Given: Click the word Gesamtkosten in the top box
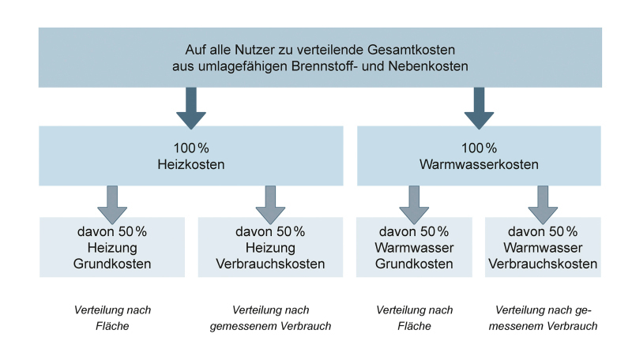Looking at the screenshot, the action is point(411,50).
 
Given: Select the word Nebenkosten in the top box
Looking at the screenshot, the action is point(428,66).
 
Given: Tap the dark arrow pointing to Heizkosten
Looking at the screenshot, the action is point(191,108).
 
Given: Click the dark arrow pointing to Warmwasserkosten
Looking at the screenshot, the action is point(479,108).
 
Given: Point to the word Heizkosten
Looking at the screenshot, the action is point(191,164).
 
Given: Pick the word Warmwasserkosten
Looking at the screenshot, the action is point(479,164).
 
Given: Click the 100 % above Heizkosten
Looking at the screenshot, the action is point(191,148).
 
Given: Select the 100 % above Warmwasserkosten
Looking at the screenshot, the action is point(479,148).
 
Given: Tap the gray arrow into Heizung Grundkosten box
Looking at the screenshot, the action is point(112,205).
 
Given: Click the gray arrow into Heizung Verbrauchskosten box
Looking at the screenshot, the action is point(270,205).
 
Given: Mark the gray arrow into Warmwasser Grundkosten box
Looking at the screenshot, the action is point(414,205).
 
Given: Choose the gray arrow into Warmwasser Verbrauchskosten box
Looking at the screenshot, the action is point(543,205).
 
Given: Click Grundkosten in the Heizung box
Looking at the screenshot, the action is point(112,264).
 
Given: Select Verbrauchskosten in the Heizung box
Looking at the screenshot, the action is point(270,264).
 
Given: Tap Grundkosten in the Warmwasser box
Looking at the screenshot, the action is point(414,264).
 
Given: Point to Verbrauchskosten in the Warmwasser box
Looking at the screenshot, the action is point(543,264).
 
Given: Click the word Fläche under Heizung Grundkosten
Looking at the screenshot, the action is point(112,326).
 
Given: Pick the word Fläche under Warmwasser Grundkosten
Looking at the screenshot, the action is point(414,326).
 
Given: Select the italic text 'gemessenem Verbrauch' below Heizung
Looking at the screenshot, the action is point(270,326).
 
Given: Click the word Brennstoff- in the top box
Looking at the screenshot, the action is point(325,66).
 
